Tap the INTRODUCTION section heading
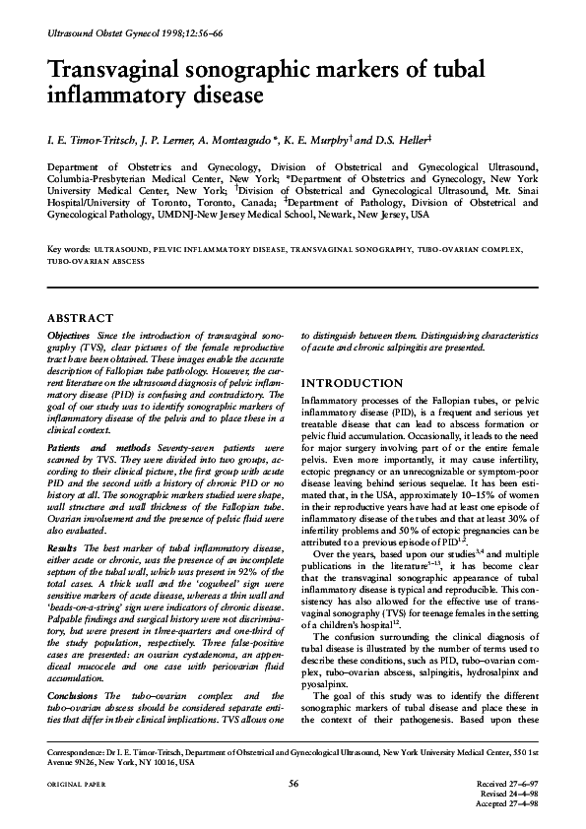click(354, 382)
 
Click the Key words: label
click(70, 252)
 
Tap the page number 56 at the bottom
click(293, 783)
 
